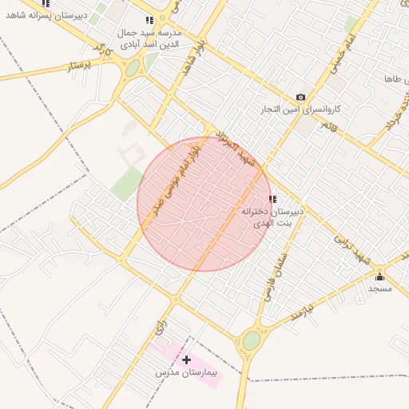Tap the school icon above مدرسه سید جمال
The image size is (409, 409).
[x=149, y=21]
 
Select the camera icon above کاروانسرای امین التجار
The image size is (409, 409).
[x=300, y=97]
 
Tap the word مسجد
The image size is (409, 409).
[x=379, y=287]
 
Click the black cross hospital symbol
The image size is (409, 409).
[x=186, y=360]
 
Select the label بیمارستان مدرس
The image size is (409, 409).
[x=191, y=373]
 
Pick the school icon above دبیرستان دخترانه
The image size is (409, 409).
[x=272, y=199]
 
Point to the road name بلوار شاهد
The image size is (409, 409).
[x=189, y=61]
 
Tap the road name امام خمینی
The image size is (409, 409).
[x=339, y=61]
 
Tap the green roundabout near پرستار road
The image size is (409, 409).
[x=132, y=68]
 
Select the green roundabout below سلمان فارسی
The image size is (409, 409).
[x=252, y=340]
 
